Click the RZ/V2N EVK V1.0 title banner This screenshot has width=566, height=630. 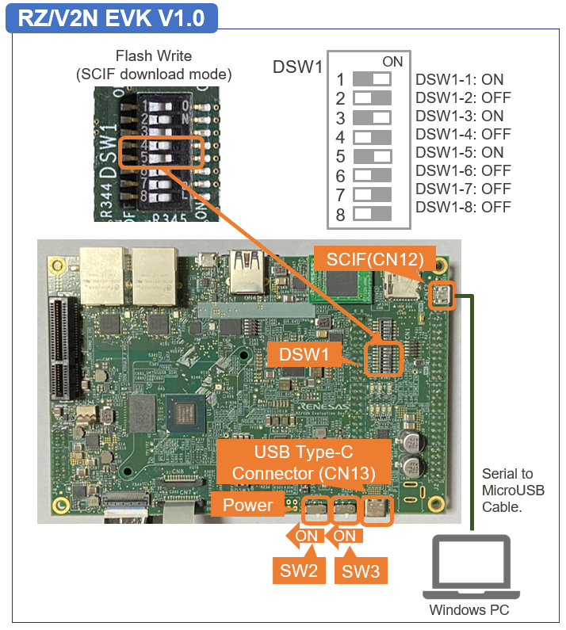click(x=111, y=17)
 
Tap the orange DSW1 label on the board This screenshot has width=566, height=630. click(x=308, y=354)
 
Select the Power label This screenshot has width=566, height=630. click(x=247, y=505)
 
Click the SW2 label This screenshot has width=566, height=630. click(x=298, y=570)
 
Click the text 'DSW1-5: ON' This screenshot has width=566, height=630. click(x=459, y=152)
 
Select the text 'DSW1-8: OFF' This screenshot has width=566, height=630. click(x=463, y=207)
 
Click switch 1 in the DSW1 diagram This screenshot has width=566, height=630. click(x=372, y=79)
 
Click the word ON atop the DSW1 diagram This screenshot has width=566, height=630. click(x=392, y=62)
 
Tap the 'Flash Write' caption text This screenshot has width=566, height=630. click(x=154, y=56)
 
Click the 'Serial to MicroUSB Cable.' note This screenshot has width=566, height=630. click(x=513, y=490)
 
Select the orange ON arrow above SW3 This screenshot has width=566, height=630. click(x=342, y=536)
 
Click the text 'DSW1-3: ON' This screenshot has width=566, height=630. click(x=459, y=116)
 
